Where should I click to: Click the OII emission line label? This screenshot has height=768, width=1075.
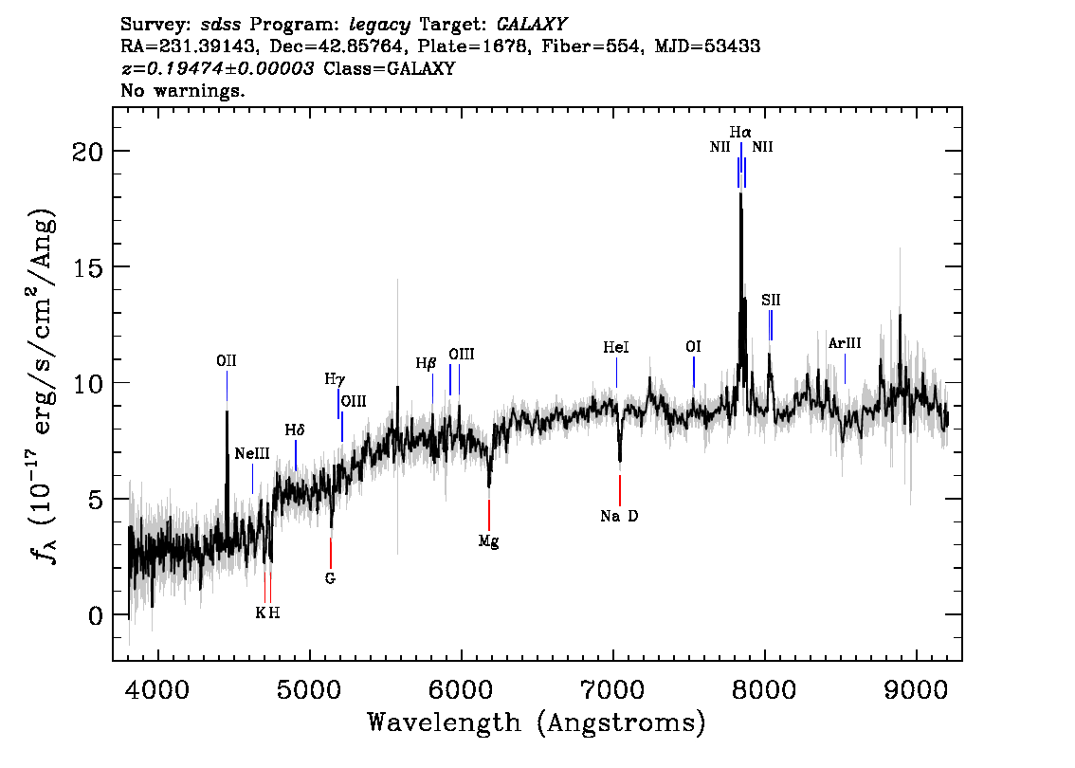pos(226,361)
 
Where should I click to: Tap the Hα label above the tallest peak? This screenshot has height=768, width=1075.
pos(740,132)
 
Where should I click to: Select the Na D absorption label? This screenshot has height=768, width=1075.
pos(620,517)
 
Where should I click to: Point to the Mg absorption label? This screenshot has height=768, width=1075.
pos(488,542)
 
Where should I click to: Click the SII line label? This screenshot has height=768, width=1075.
pos(771,300)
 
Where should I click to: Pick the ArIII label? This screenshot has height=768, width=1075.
pos(845,343)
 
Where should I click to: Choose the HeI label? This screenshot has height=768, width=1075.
pos(616,348)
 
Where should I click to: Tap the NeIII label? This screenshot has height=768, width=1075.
pos(252,454)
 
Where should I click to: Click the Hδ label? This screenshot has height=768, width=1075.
pos(295,430)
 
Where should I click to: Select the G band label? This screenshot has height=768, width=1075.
pos(330,577)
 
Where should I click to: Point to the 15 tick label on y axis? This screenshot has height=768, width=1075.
pos(88,267)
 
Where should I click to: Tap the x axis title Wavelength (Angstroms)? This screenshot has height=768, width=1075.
pos(537,723)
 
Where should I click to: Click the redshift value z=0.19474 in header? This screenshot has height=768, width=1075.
pos(218,69)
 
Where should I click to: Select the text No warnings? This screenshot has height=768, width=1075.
pos(184,91)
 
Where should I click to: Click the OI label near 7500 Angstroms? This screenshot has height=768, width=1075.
pos(693,347)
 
